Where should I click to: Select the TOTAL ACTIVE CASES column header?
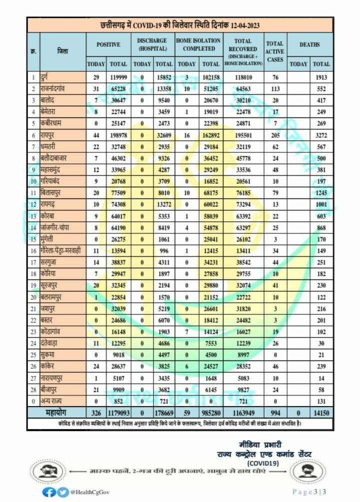[x=274, y=51]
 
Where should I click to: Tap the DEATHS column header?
[x=309, y=44]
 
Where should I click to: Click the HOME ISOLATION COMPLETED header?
[x=198, y=44]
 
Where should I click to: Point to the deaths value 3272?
[x=320, y=134]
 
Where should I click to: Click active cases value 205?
[x=274, y=134]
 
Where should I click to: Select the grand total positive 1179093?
[x=116, y=412]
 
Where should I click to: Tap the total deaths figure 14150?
[x=320, y=412]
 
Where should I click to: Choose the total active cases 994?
[x=274, y=412]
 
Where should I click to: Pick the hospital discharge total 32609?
[x=163, y=134]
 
